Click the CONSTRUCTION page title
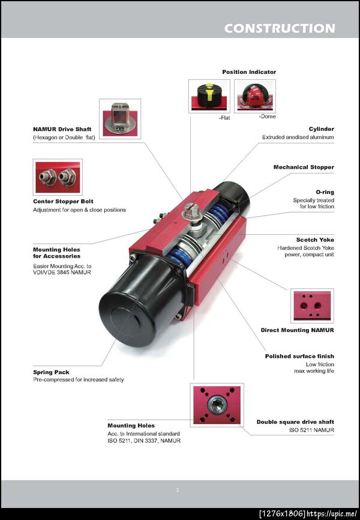pos(280,28)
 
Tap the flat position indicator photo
pos(209,96)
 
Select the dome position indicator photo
pos(255,96)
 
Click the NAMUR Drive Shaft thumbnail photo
pos(120,119)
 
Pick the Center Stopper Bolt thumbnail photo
pos(58,177)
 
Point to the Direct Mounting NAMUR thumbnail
pos(312,306)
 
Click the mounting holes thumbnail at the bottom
pos(217,405)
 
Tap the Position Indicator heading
pos(249,72)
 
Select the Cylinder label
pos(321,129)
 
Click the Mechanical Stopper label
pos(304,167)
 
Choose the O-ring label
pos(325,192)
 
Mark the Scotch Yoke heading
pos(315,240)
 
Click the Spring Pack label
pos(51,372)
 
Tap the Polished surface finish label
pos(299,356)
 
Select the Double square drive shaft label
pos(295,422)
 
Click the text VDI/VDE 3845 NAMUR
pos(62,273)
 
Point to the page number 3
pos(178,490)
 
